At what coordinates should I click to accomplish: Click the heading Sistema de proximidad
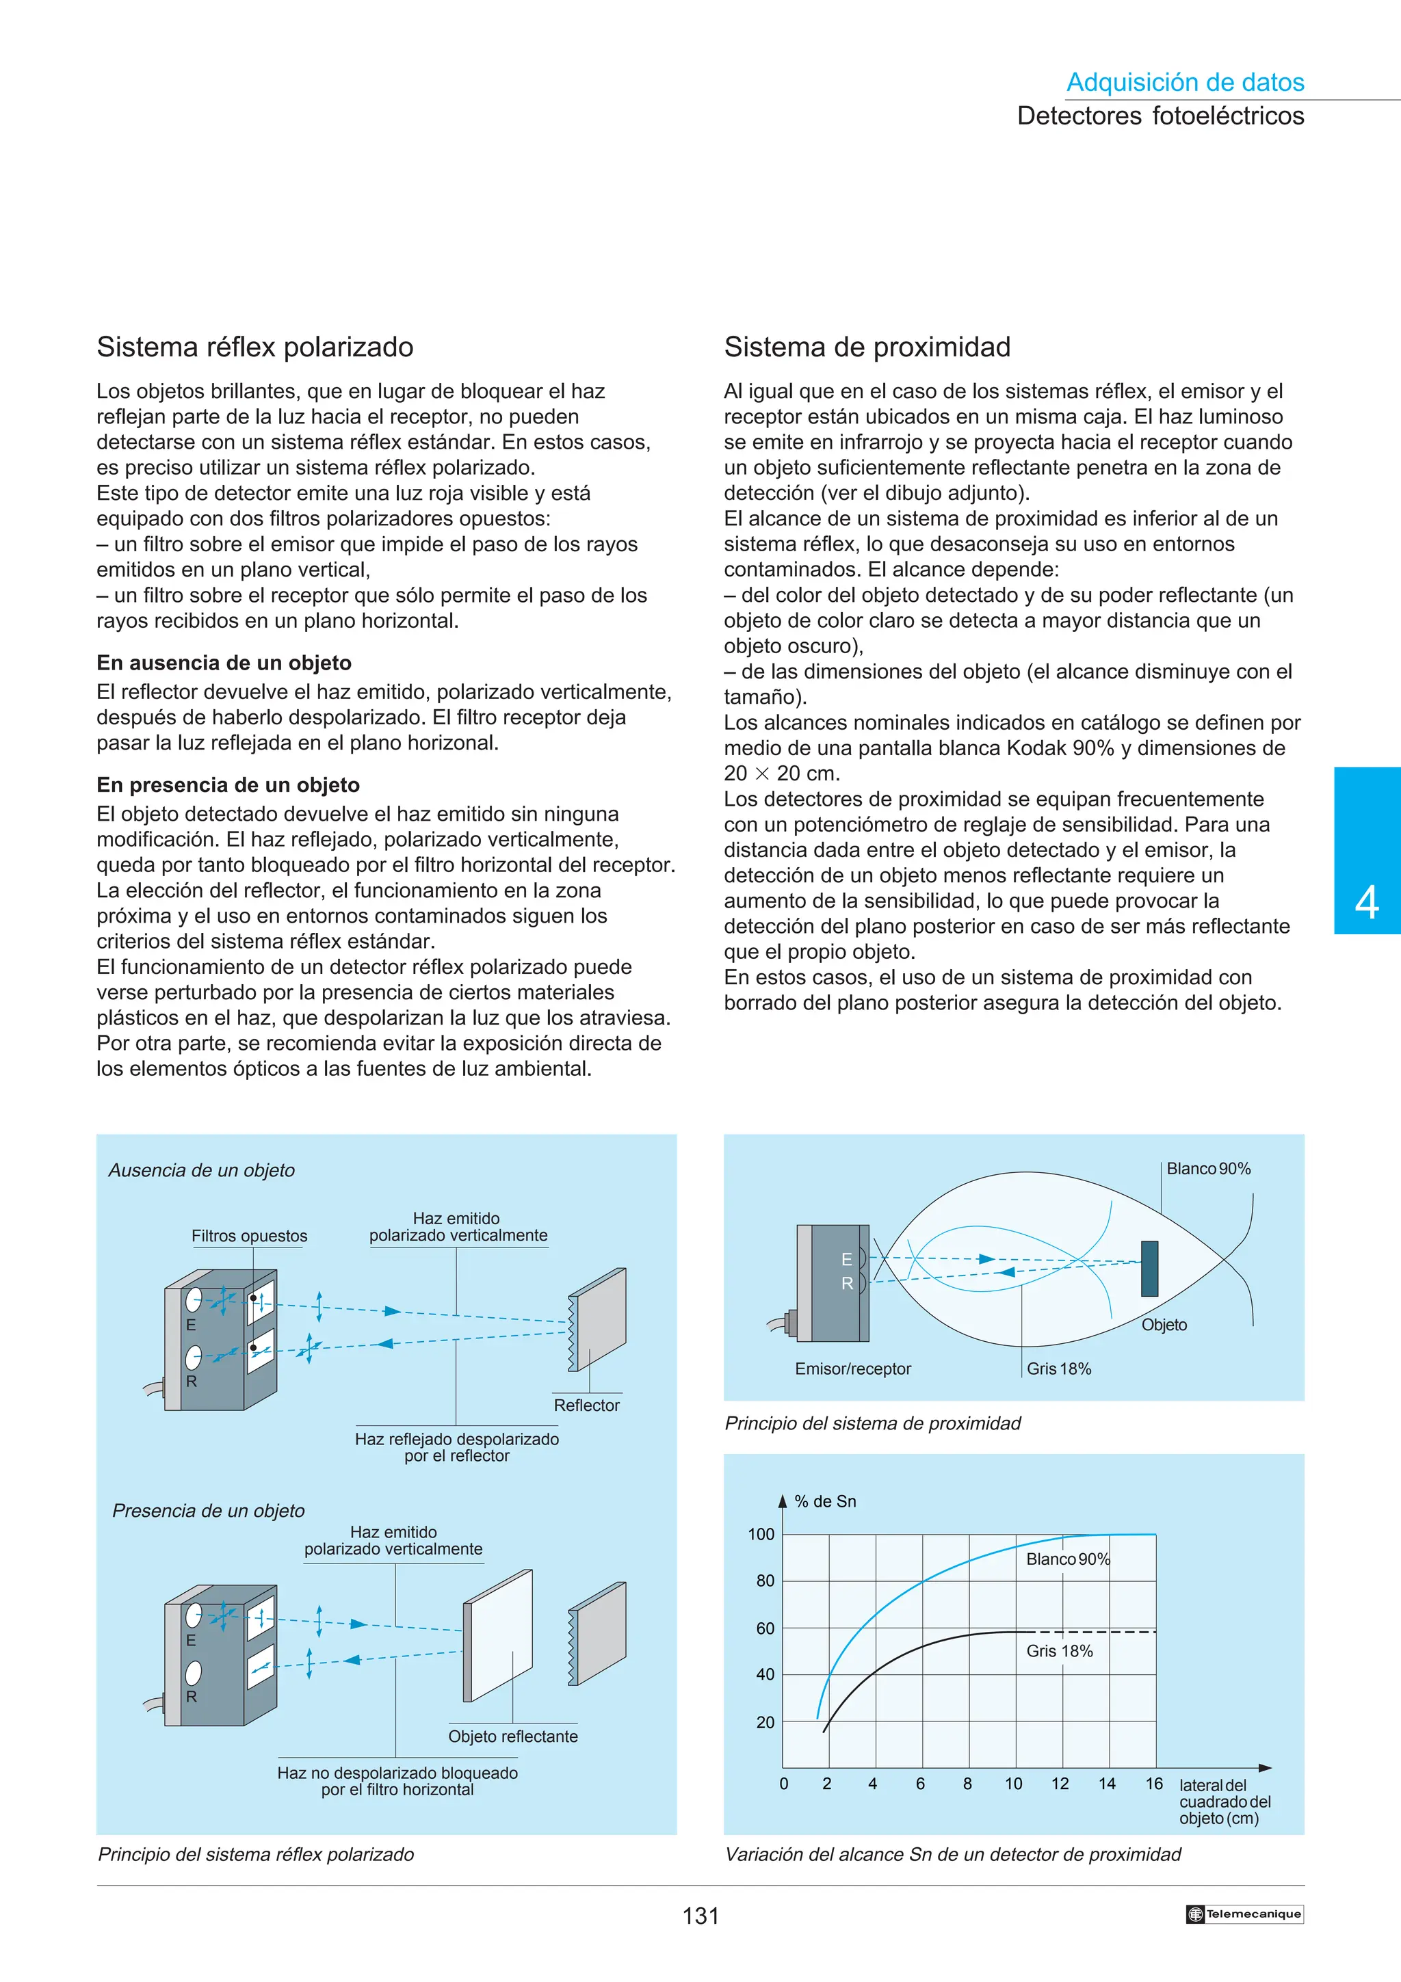(867, 347)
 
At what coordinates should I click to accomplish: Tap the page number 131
(700, 1916)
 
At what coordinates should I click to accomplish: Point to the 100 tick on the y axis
(761, 1534)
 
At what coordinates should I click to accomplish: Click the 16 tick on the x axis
(1153, 1784)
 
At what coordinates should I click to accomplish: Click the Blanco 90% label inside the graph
(1067, 1559)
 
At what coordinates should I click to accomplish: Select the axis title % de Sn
(824, 1501)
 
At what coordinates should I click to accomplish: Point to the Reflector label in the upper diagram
(586, 1405)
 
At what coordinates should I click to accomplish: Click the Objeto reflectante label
(513, 1736)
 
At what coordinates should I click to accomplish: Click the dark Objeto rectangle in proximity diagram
(1149, 1268)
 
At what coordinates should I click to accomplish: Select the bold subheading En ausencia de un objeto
(224, 663)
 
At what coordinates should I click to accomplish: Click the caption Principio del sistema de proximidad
(872, 1423)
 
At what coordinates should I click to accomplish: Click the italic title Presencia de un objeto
(208, 1511)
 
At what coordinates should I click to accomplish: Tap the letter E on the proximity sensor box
(846, 1260)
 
